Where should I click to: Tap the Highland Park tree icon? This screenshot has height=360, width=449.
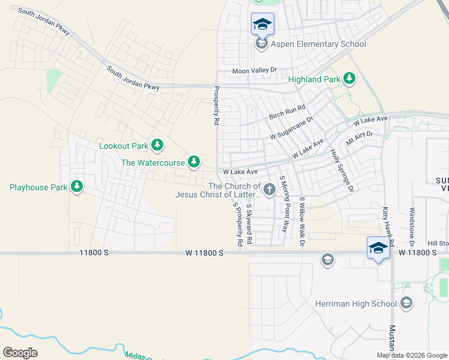coord(349,79)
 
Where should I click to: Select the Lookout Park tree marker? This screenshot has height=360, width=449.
coord(157,145)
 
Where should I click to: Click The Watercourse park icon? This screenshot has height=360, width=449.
coord(193,161)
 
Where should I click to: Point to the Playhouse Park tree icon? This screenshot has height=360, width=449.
coord(76,187)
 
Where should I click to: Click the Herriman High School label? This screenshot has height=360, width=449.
coord(356,304)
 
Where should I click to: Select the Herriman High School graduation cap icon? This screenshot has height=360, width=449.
coord(406,303)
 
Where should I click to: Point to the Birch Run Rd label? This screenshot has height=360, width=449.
coord(287,112)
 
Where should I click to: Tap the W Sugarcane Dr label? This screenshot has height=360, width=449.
coord(292,128)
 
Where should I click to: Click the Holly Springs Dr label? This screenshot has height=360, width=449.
coord(343,171)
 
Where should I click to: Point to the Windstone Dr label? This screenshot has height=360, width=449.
coord(412,227)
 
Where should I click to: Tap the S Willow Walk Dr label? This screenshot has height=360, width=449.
coord(302,221)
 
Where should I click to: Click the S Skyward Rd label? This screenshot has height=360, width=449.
coord(250,224)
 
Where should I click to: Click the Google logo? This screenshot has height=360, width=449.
coord(20,353)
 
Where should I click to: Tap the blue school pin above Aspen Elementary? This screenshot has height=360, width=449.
coord(262,25)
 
